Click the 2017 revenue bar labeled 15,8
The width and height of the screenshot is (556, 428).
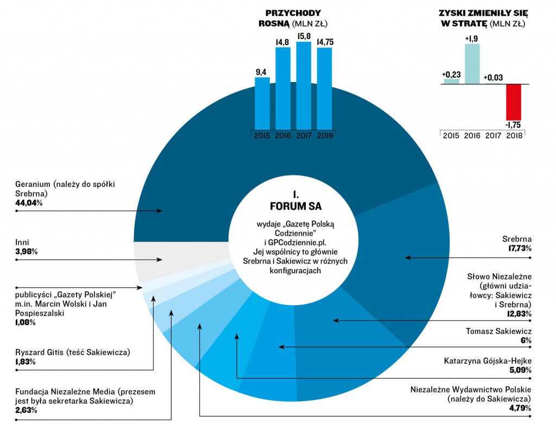click(304, 84)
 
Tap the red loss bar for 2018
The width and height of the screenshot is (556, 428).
click(513, 102)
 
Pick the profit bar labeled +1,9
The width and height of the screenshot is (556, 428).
click(472, 64)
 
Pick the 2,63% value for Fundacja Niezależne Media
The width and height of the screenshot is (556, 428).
click(27, 410)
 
